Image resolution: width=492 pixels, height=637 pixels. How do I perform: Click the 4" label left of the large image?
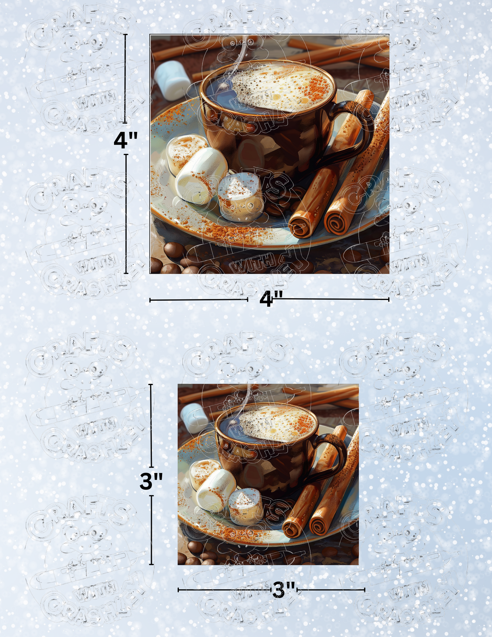125,139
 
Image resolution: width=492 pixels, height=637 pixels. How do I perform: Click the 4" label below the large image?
271,299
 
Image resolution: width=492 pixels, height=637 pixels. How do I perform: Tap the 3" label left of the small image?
151,481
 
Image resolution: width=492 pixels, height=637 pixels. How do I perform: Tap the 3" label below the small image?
284,590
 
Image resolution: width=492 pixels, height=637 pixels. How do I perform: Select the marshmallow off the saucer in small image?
193,413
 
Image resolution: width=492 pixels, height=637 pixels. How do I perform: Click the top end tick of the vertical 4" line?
125,35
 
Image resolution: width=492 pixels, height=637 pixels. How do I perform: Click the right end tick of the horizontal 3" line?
365,590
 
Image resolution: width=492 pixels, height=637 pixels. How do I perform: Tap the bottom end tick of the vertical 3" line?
151,564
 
